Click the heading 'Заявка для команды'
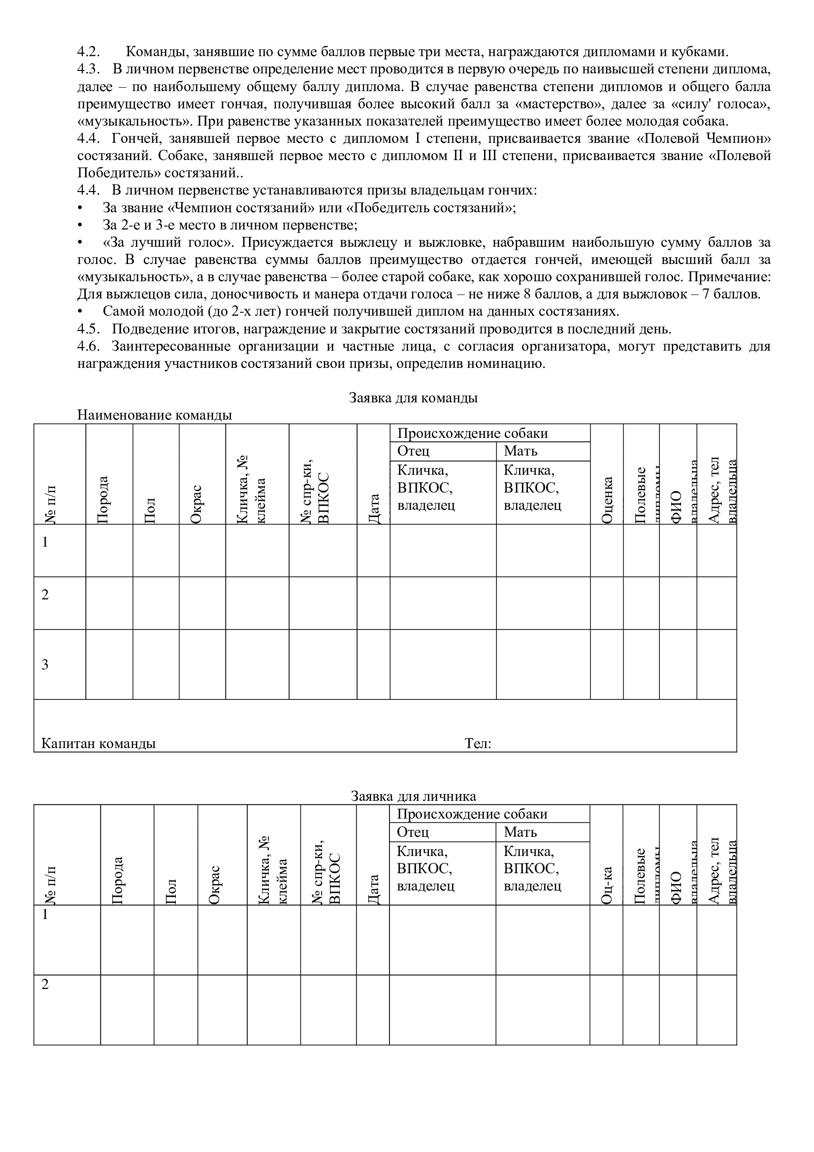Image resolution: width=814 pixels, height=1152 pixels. coord(413,398)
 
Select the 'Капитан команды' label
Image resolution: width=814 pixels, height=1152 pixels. coord(98,743)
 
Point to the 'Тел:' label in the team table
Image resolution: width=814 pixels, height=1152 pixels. coord(478,743)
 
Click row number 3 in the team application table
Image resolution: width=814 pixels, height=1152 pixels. coord(45,665)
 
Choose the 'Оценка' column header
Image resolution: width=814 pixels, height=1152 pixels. coord(607,500)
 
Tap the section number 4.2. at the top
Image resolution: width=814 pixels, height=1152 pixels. coord(88,52)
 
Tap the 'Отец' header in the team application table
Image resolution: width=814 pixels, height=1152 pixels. coord(413,451)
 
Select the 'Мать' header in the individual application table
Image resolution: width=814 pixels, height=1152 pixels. coord(520,832)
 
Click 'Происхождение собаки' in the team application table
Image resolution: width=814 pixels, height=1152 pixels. coord(472,433)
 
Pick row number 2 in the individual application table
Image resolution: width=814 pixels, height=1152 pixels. coord(45,985)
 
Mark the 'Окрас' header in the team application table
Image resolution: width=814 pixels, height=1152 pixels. coord(196,504)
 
